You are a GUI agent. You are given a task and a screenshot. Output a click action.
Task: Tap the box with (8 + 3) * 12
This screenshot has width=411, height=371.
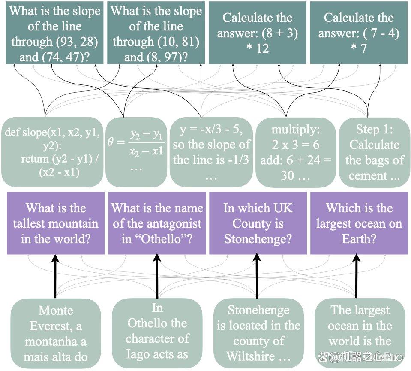pyautogui.click(x=258, y=33)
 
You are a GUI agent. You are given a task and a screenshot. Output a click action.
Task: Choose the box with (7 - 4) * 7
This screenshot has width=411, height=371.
pyautogui.click(x=359, y=33)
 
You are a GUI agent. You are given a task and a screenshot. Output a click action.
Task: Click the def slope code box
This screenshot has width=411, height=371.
pyautogui.click(x=52, y=152)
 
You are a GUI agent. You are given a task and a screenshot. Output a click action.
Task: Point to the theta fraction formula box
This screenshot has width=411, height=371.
pyautogui.click(x=136, y=152)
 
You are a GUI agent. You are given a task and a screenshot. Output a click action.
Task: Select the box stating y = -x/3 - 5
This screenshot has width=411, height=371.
pyautogui.click(x=211, y=152)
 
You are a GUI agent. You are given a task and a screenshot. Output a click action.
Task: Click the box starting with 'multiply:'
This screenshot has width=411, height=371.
pyautogui.click(x=296, y=152)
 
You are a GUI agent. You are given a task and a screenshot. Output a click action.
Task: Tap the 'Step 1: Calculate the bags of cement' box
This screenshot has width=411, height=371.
pyautogui.click(x=374, y=152)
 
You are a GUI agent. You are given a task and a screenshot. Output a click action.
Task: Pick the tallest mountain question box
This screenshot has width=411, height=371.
pyautogui.click(x=56, y=223)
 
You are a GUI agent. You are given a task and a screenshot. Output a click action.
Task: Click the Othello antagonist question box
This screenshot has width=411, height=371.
pyautogui.click(x=157, y=223)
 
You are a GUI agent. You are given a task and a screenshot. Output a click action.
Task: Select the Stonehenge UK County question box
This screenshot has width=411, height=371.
pyautogui.click(x=258, y=223)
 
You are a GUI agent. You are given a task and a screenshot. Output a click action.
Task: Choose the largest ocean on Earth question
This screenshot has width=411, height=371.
pyautogui.click(x=359, y=223)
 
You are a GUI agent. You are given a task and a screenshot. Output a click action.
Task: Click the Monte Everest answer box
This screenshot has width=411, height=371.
pyautogui.click(x=56, y=333)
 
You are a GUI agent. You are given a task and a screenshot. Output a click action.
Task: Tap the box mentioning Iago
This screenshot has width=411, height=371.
pyautogui.click(x=157, y=333)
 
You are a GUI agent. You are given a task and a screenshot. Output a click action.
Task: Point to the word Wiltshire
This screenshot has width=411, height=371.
pyautogui.click(x=251, y=356)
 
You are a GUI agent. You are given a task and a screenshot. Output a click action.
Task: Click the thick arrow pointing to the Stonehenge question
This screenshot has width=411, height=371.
pyautogui.click(x=257, y=276)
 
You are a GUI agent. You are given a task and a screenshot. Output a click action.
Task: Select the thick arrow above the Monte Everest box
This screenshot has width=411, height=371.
pyautogui.click(x=55, y=276)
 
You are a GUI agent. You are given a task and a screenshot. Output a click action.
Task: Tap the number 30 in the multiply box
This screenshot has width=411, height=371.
pyautogui.click(x=287, y=175)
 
